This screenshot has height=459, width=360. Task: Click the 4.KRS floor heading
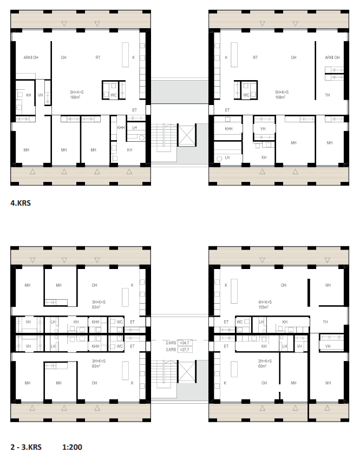21,203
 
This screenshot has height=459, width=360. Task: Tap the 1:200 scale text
72,447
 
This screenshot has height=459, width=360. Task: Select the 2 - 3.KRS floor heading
26,447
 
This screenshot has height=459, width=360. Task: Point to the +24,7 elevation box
185,343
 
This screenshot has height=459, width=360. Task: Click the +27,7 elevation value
185,350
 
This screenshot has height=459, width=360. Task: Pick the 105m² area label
264,307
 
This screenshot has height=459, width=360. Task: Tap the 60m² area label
262,366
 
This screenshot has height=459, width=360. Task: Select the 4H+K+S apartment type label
265,302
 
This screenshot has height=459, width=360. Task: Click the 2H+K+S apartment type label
265,361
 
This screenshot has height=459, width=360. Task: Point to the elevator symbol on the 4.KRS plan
187,135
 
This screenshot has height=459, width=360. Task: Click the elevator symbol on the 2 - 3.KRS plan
187,371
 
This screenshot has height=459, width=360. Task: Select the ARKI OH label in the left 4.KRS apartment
31,58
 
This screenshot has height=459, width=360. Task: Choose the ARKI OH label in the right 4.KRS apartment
332,58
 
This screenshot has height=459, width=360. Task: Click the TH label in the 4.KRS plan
327,95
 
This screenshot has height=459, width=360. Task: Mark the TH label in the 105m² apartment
325,322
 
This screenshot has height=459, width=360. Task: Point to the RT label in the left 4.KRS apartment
98,58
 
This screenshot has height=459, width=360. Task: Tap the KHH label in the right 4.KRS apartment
228,129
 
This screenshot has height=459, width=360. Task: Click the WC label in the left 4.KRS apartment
114,95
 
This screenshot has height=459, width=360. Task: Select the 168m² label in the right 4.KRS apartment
280,97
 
